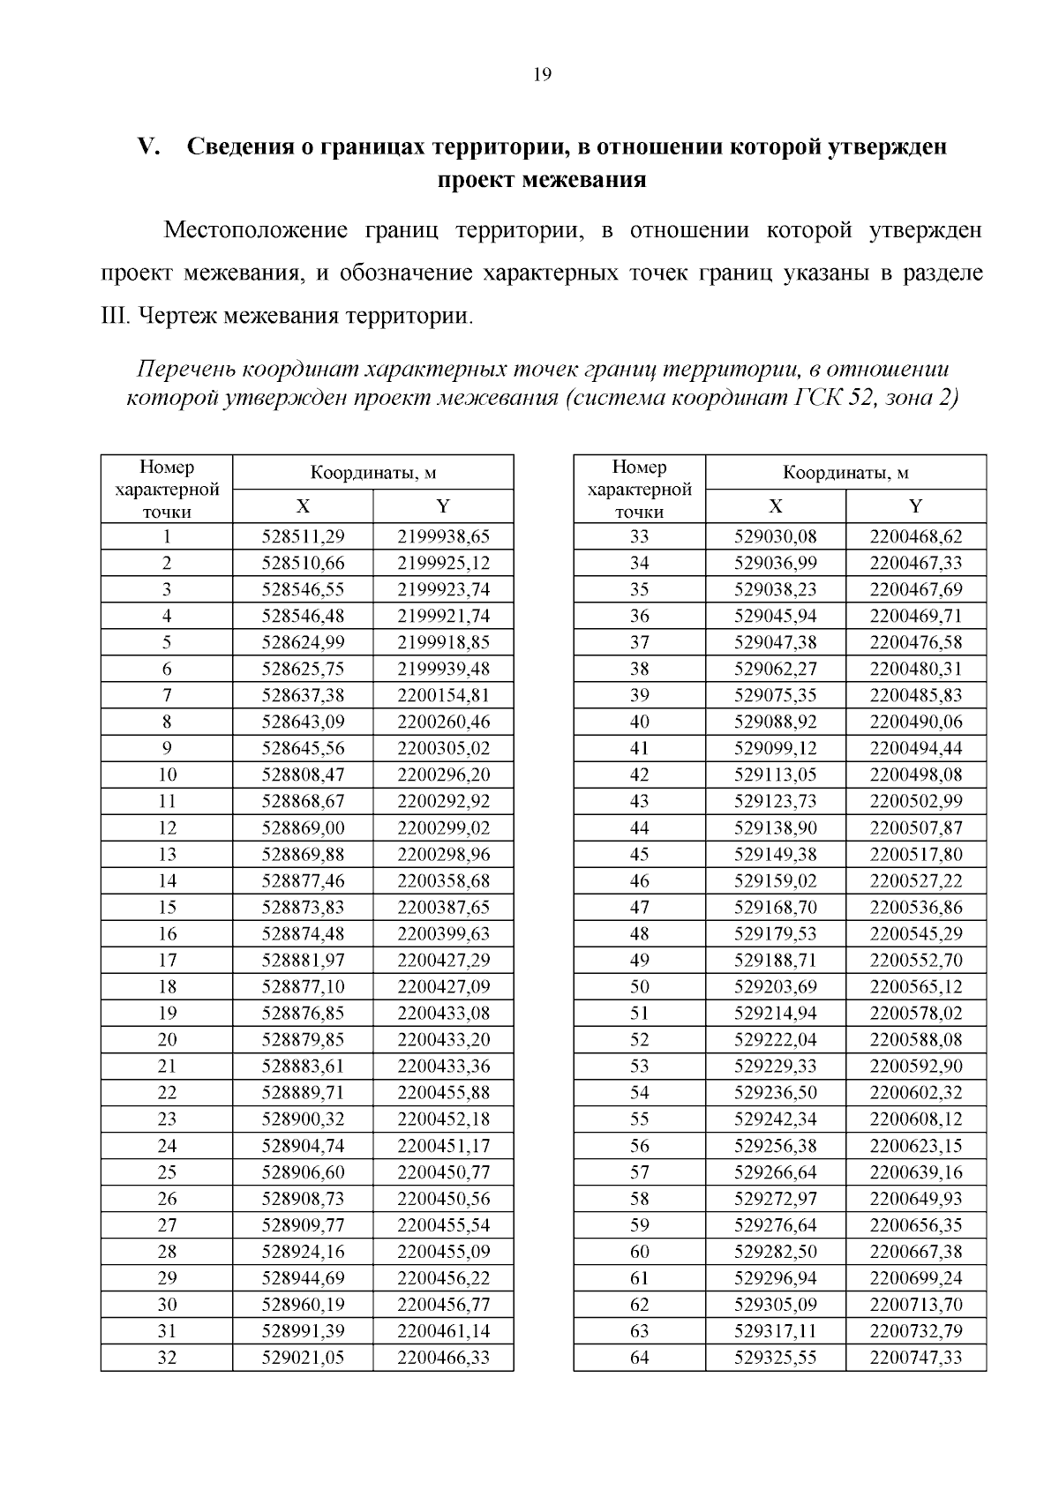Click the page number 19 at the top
point(542,75)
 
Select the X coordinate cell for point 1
point(303,536)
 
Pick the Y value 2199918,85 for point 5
point(443,642)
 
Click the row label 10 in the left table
point(167,775)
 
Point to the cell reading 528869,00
point(303,827)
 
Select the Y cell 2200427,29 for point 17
point(443,960)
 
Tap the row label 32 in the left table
point(167,1357)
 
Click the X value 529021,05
point(303,1357)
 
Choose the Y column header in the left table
point(443,505)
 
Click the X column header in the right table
point(775,505)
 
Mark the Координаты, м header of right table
point(845,473)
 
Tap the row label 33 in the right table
point(639,536)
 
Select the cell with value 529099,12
point(775,748)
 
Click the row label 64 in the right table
point(639,1357)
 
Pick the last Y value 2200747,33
point(916,1357)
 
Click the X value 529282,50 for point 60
point(775,1251)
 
